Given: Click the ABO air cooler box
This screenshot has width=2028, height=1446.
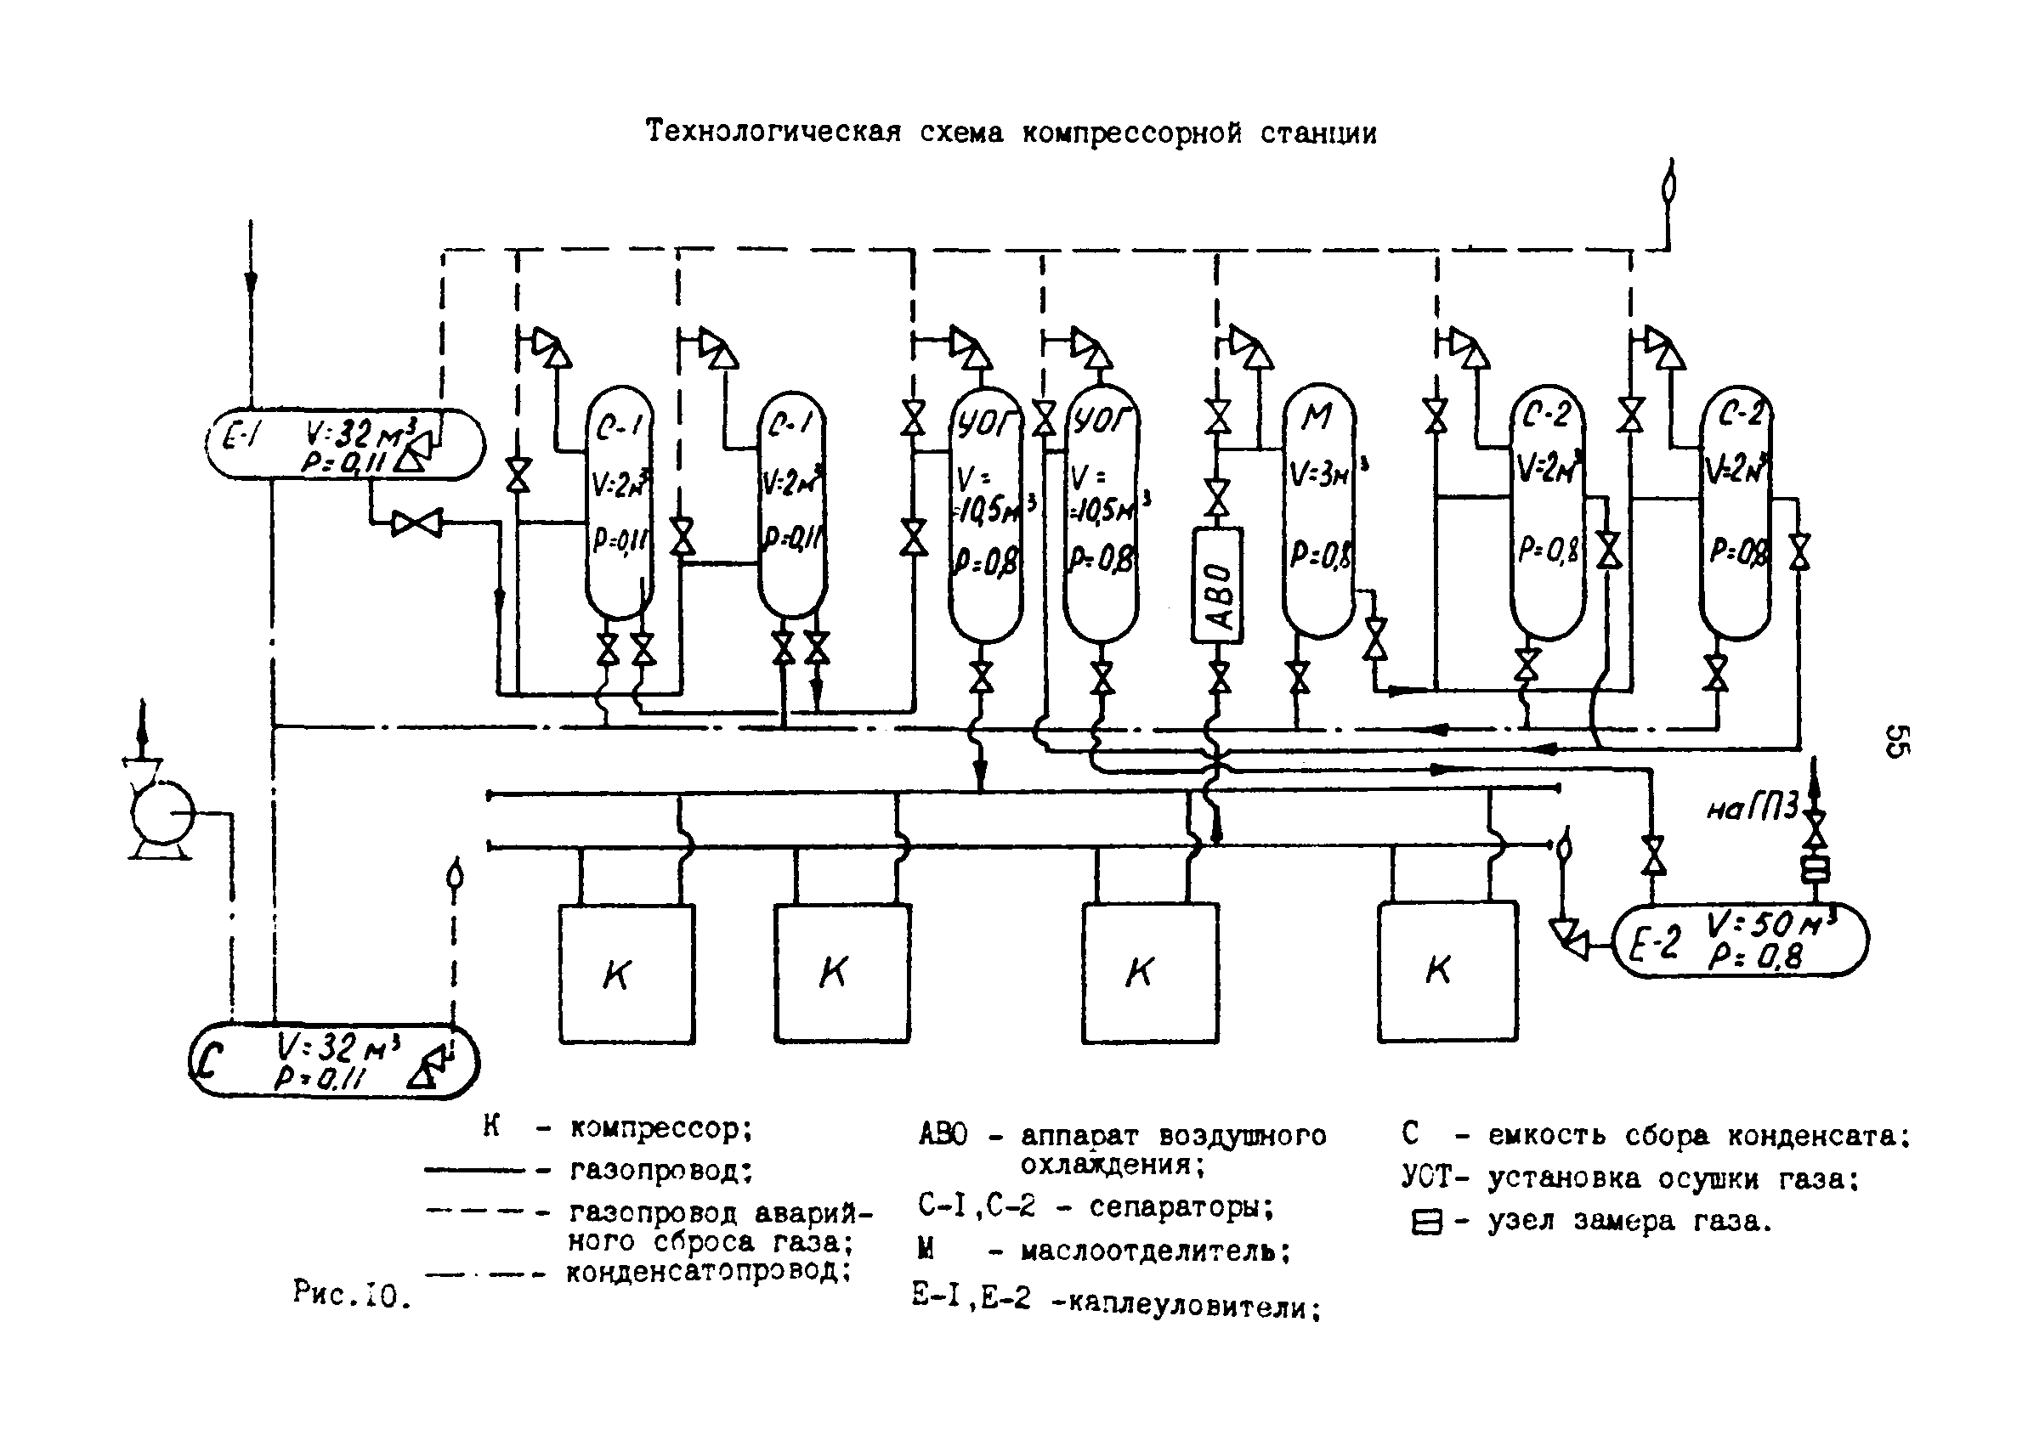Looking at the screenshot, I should pos(1216,585).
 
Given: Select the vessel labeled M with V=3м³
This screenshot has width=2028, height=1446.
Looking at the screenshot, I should pos(1318,512).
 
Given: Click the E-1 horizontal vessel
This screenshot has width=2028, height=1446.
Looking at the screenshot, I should pos(346,444).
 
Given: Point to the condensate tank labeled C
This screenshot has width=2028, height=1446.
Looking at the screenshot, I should pos(334,1061).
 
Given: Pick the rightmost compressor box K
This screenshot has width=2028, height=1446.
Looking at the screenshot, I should pos(1447,971).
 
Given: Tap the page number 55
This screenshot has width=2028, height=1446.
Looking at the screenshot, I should pos(1895,741).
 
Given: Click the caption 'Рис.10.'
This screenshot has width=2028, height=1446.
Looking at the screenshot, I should pos(352,1294).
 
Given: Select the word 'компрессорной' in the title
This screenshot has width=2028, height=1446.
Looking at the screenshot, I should pos(1131,133).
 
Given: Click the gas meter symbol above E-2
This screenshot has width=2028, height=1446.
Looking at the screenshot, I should pos(1815,868).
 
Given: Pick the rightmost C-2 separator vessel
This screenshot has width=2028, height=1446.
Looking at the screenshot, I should pos(1735,512).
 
